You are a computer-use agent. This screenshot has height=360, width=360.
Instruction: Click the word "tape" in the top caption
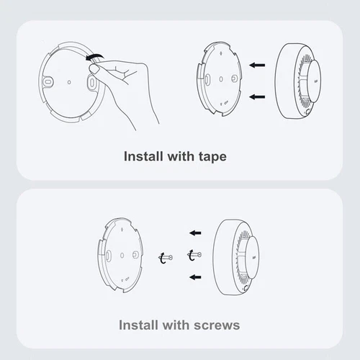click(210, 156)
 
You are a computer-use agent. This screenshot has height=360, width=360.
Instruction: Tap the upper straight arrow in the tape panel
click(257, 66)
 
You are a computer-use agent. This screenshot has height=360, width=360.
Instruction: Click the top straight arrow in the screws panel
click(196, 233)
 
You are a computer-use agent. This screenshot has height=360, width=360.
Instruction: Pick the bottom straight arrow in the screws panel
click(196, 276)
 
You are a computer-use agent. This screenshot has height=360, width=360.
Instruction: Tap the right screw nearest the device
click(193, 254)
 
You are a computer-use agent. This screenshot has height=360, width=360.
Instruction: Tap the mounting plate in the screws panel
click(124, 255)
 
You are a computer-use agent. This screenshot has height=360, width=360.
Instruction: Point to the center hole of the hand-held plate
click(68, 83)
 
